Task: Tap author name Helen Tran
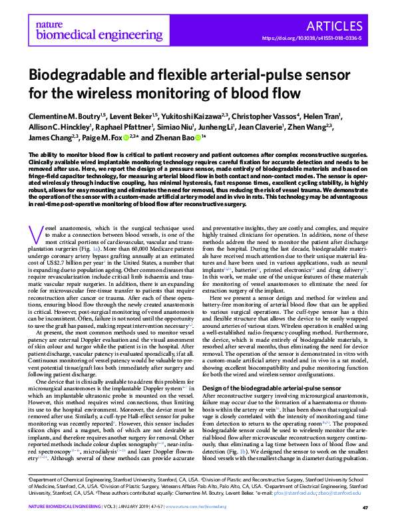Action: click(324, 116)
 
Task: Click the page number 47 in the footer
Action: click(365, 508)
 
